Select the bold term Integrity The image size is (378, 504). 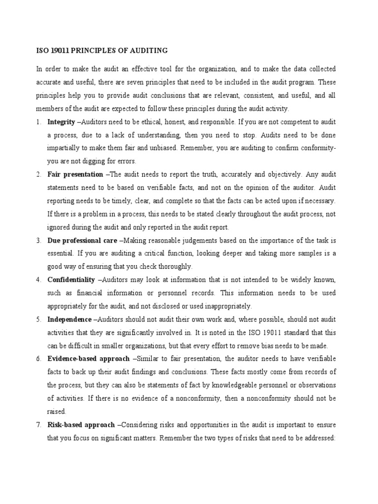pyautogui.click(x=61, y=122)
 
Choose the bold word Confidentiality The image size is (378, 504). pyautogui.click(x=71, y=280)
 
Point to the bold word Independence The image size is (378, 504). pyautogui.click(x=69, y=319)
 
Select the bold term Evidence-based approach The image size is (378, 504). pyautogui.click(x=89, y=359)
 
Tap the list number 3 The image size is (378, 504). pyautogui.click(x=38, y=241)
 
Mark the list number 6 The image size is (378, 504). pyautogui.click(x=38, y=359)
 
